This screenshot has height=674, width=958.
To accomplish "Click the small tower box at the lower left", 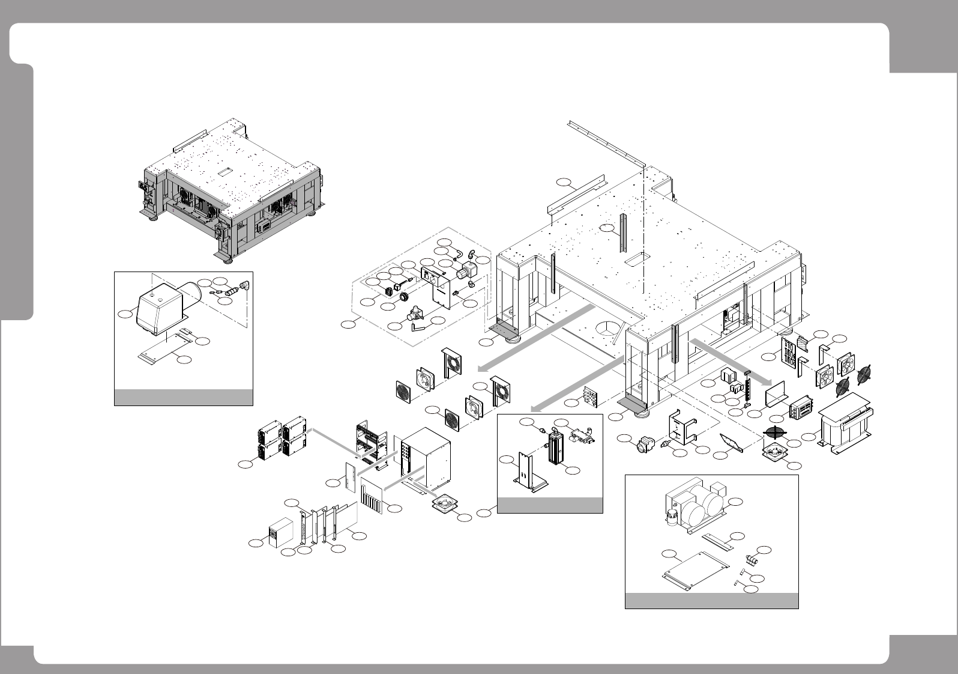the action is tap(281, 532).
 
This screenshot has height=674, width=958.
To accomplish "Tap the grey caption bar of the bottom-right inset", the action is tap(712, 601).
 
